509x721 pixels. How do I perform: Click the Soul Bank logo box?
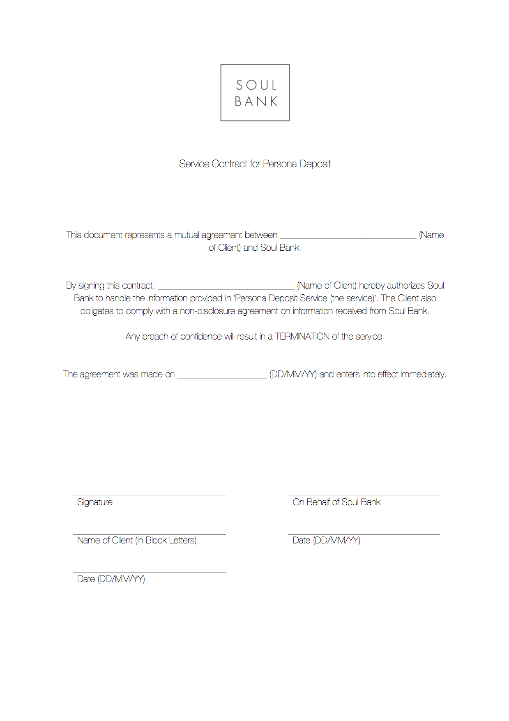(255, 92)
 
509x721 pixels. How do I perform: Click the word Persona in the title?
(279, 164)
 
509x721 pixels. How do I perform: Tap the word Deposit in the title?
(315, 164)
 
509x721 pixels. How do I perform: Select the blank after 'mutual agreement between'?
(348, 236)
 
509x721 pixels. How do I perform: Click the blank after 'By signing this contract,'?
(226, 286)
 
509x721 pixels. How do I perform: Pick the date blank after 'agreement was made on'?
(222, 375)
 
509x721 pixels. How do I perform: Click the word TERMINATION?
(302, 337)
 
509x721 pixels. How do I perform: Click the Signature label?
(95, 502)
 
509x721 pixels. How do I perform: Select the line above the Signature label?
(149, 496)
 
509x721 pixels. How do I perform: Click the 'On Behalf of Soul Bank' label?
(336, 502)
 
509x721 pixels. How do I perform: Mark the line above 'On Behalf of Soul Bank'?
(364, 496)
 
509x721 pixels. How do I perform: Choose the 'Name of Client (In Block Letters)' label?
(137, 541)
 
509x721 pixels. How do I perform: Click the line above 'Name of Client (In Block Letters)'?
(149, 534)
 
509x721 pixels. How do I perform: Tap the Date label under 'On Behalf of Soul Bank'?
(326, 541)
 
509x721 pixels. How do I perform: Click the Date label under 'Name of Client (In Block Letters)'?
(111, 579)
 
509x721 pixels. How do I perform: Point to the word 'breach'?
(155, 337)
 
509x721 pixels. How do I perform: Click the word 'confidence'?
(201, 337)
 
